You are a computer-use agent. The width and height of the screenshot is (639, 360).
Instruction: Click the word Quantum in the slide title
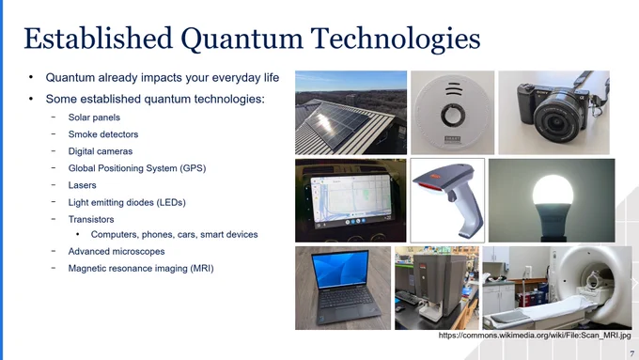(242, 39)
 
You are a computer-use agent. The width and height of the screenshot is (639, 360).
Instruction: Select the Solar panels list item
(94, 117)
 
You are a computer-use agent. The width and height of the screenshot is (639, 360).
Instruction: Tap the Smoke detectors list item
(103, 134)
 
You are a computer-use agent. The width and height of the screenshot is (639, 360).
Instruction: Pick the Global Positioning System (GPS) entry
(137, 168)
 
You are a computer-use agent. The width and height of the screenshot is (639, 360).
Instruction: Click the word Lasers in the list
(82, 185)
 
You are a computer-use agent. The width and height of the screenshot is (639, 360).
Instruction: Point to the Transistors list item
(91, 219)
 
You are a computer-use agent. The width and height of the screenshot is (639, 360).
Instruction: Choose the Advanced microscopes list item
(117, 252)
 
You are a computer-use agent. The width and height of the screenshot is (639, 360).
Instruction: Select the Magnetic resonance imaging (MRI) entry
(141, 268)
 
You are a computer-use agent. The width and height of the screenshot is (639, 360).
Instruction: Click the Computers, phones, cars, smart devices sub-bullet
(174, 234)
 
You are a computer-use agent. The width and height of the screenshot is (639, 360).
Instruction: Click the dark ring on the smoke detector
(453, 115)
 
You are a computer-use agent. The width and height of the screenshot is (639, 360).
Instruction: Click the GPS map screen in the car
(351, 198)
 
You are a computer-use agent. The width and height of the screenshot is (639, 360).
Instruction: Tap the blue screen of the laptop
(340, 268)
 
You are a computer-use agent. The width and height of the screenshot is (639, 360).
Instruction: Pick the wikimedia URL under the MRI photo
(535, 336)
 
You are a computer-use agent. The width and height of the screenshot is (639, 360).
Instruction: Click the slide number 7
(631, 353)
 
